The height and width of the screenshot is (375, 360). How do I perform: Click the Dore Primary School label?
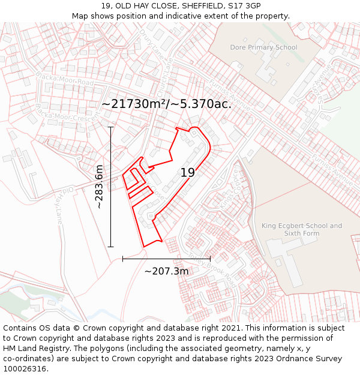(263, 47)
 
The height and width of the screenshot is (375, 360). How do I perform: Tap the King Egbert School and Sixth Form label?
(302, 229)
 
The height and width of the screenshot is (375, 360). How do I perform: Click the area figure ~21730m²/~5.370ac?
(166, 104)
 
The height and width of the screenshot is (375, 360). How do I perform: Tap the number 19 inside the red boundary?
(188, 173)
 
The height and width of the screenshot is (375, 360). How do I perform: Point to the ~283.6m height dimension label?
(100, 186)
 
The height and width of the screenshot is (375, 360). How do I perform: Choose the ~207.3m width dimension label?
(166, 271)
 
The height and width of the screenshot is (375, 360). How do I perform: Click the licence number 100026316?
(25, 369)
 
